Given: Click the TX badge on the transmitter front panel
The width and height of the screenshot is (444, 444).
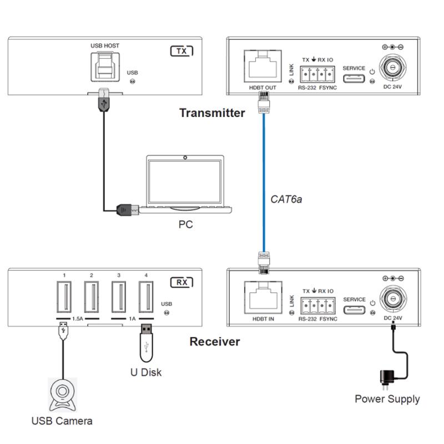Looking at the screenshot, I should [181, 51].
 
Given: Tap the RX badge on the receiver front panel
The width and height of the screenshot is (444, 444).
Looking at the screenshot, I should [181, 282].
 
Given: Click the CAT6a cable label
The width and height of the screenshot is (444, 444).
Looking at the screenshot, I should [286, 198].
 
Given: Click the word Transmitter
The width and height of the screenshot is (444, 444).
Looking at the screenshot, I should [211, 113].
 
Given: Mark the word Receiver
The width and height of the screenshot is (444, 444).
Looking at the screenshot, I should [215, 341].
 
